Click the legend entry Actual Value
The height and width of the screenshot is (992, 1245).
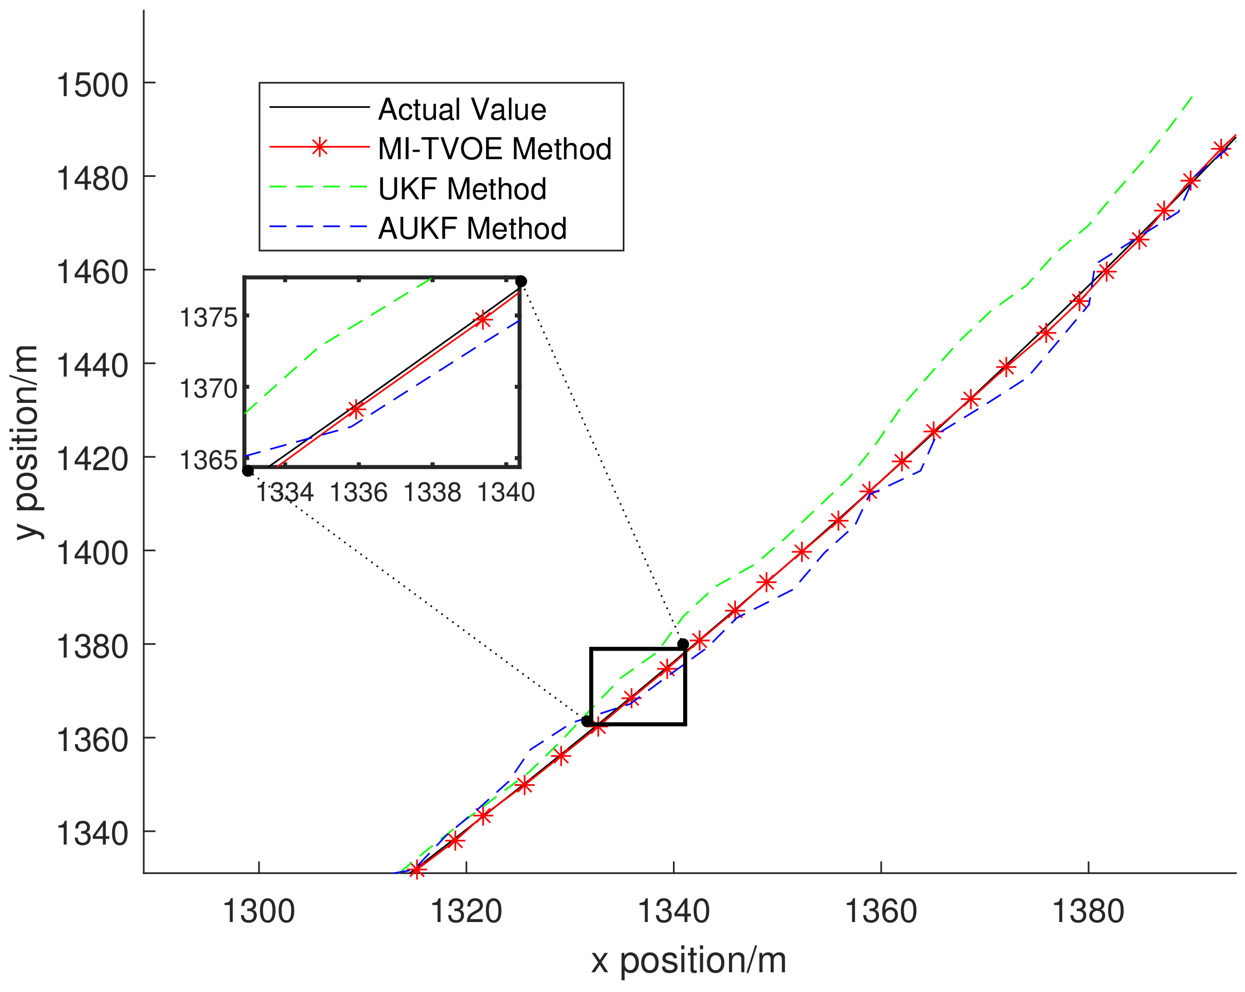click(461, 110)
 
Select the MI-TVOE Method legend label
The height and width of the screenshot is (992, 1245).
click(494, 149)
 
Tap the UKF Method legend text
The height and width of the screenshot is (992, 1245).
click(461, 189)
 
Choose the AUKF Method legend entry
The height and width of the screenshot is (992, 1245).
click(472, 229)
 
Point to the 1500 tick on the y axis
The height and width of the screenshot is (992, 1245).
click(92, 85)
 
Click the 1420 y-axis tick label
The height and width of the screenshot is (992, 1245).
click(92, 459)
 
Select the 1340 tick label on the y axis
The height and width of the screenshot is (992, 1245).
click(92, 834)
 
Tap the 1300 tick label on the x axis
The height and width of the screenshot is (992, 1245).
click(259, 912)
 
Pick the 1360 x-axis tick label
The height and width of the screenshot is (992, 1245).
click(881, 912)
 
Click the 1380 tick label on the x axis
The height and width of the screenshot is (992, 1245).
click(1088, 912)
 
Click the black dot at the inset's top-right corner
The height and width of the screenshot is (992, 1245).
click(521, 281)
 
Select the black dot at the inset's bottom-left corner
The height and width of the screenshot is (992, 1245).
click(248, 471)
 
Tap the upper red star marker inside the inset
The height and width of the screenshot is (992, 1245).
click(483, 319)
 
